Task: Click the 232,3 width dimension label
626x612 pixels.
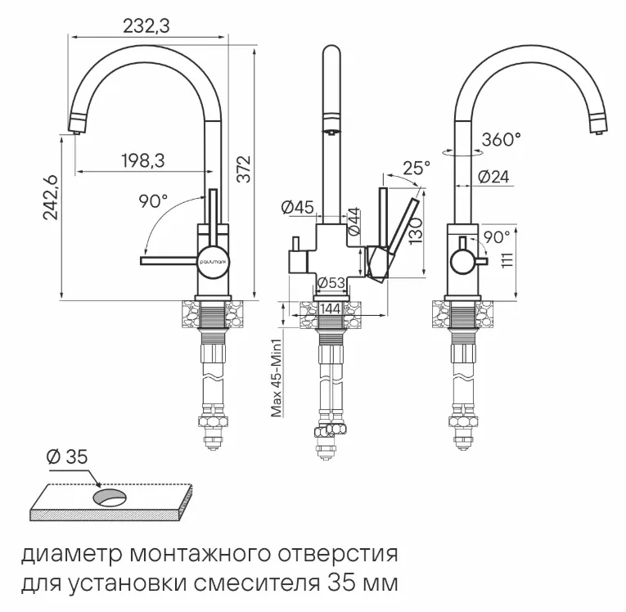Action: click(146, 26)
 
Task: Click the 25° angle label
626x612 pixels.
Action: click(416, 169)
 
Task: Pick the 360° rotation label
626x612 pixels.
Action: click(501, 139)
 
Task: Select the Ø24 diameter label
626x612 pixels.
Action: click(493, 177)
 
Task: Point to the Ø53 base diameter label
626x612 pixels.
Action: click(331, 283)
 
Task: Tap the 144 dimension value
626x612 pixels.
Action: click(331, 308)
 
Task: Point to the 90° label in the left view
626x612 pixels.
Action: click(153, 201)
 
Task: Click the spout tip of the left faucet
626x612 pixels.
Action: click(75, 127)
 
